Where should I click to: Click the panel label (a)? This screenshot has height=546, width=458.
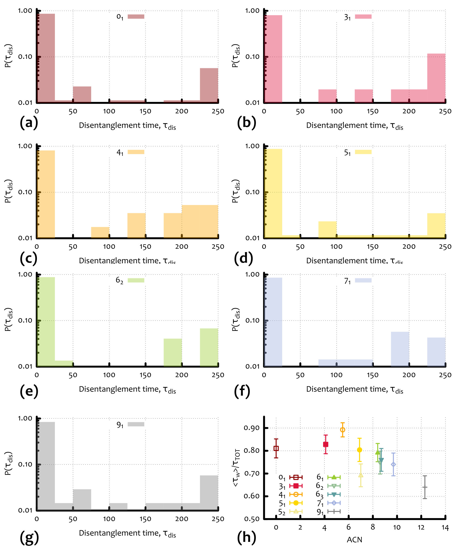29,123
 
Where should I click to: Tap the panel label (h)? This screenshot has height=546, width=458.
246,537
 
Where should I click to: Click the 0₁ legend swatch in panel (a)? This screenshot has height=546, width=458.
136,17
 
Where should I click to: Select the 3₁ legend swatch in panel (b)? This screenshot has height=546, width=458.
363,17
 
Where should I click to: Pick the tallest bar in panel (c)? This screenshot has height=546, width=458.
46,194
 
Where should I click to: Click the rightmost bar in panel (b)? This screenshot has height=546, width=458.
436,78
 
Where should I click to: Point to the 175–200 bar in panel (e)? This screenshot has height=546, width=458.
173,352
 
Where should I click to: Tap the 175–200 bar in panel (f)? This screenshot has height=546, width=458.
400,349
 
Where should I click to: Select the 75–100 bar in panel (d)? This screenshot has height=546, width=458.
327,229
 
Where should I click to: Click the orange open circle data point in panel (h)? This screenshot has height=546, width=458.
343,430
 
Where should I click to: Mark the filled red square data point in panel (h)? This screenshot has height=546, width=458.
326,444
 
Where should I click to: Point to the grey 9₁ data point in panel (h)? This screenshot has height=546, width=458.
425,487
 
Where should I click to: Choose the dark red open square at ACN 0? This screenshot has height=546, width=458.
276,448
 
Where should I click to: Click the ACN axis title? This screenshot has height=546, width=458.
354,540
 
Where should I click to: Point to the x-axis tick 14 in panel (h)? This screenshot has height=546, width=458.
445,528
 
